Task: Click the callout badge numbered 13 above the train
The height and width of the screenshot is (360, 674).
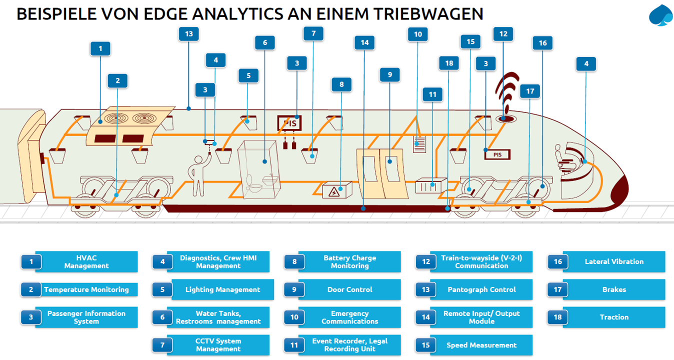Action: pyautogui.click(x=188, y=34)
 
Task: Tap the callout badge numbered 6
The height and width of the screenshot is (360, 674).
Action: pyautogui.click(x=264, y=43)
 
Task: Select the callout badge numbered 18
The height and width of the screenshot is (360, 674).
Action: pyautogui.click(x=448, y=63)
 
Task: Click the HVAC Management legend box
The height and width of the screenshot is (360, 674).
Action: pyautogui.click(x=86, y=262)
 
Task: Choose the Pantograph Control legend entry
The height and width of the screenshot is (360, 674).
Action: pyautogui.click(x=481, y=289)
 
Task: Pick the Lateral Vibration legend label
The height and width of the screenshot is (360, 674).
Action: pyautogui.click(x=614, y=261)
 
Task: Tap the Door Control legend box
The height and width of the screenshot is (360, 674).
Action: pyautogui.click(x=349, y=289)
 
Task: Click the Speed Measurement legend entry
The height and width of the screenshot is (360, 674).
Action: pyautogui.click(x=481, y=345)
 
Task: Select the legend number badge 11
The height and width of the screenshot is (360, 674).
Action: pyautogui.click(x=293, y=345)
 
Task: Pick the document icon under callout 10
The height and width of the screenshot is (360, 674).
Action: pyautogui.click(x=419, y=144)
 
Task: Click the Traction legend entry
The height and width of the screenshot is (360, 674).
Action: pyautogui.click(x=614, y=317)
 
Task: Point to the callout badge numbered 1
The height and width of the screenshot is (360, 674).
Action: pyautogui.click(x=100, y=49)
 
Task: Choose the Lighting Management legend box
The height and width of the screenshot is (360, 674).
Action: pyautogui.click(x=222, y=289)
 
